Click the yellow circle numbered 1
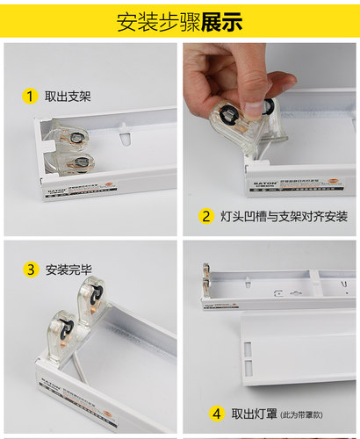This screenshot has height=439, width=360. pyautogui.click(x=30, y=96)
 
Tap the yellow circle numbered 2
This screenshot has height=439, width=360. pyautogui.click(x=205, y=216)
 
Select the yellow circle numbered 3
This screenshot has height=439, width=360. pyautogui.click(x=30, y=269)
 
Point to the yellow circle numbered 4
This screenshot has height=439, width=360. pyautogui.click(x=216, y=413)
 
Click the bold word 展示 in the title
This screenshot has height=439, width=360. pyautogui.click(x=221, y=22)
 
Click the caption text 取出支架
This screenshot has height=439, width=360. pyautogui.click(x=68, y=96)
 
